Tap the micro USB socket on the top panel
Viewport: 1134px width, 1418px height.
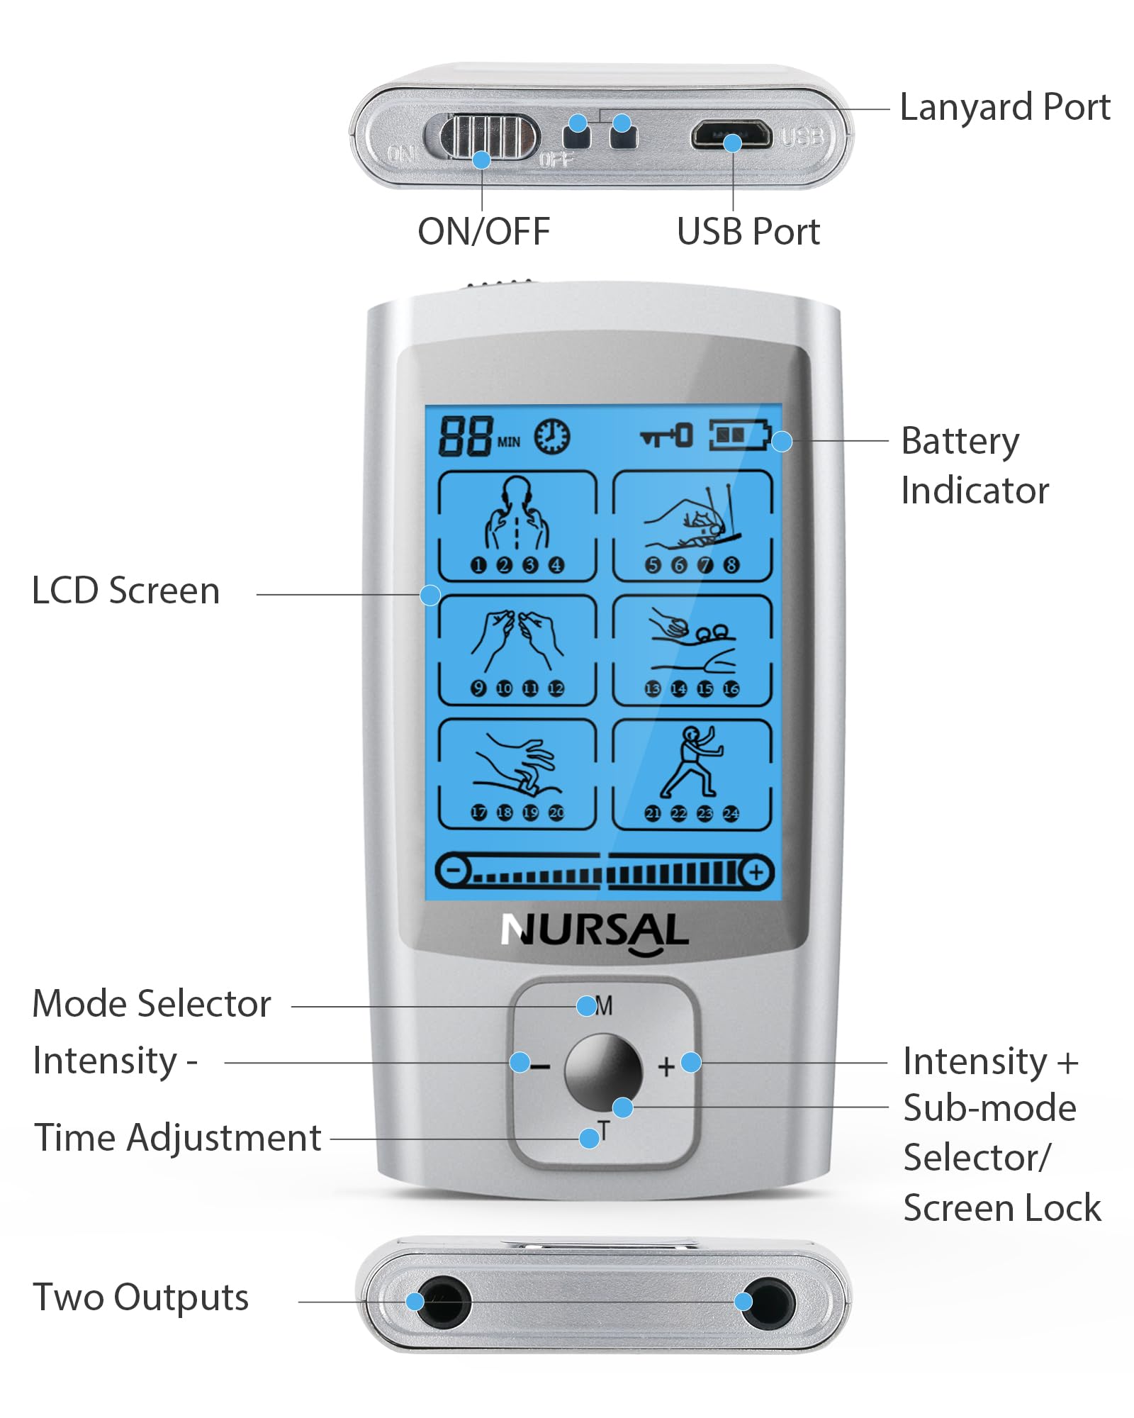[732, 134]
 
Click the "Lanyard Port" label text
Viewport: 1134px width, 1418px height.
[1004, 108]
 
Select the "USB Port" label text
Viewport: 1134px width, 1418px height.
[748, 231]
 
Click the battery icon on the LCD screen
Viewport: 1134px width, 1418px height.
[739, 435]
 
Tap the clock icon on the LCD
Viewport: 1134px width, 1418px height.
[551, 436]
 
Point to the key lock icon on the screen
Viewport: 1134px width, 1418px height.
[666, 435]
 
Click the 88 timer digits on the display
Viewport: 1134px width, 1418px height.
[465, 435]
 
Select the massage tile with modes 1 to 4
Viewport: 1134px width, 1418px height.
[517, 526]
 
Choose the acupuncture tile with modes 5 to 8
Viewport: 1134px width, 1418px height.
[692, 526]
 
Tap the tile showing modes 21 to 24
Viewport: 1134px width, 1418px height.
[692, 774]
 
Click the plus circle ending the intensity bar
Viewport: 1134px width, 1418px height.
[756, 871]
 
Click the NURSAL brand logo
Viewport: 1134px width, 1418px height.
[594, 932]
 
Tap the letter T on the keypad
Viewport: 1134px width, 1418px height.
[603, 1129]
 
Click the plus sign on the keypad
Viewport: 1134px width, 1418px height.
[666, 1066]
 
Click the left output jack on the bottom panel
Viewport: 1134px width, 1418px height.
[441, 1302]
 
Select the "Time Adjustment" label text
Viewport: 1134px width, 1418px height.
[178, 1139]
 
